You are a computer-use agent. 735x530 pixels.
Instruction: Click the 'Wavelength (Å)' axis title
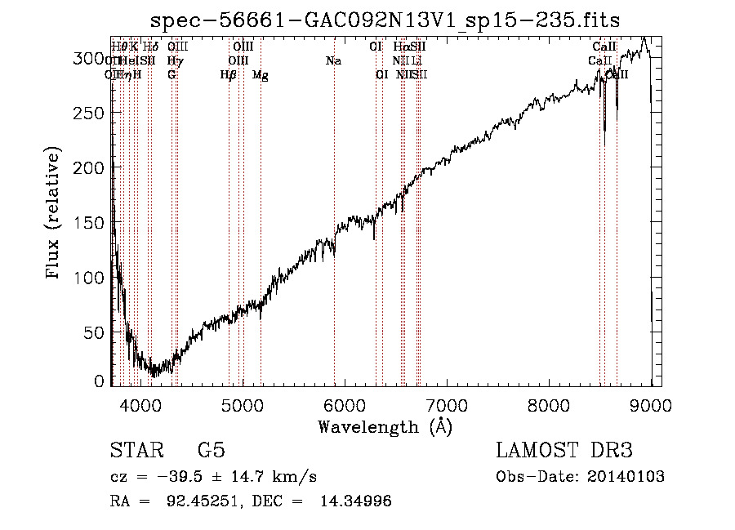385,426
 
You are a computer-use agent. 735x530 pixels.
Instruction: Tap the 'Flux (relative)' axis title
55,214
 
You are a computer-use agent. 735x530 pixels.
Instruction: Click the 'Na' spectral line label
333,61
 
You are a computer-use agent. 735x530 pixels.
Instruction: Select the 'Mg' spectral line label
260,75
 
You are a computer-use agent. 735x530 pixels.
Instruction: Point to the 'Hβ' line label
228,75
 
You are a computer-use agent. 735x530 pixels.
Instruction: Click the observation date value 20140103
626,477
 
